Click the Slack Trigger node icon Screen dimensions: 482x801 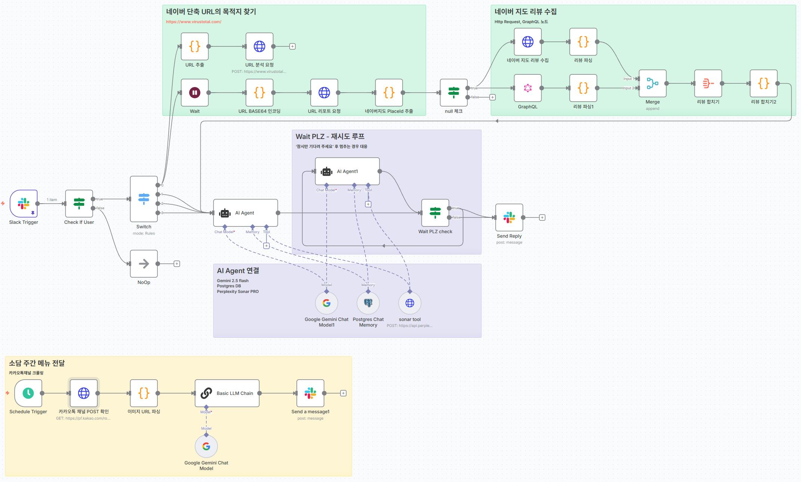pos(24,204)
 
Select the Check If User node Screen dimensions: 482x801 pos(79,204)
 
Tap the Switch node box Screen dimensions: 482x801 pos(144,199)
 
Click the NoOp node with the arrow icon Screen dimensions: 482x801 pos(144,264)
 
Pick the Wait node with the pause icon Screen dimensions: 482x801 pos(195,93)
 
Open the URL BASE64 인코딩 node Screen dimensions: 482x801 pos(259,93)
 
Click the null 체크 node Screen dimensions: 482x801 pos(454,93)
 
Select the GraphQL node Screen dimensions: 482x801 pos(527,88)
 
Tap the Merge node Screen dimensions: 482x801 pos(652,83)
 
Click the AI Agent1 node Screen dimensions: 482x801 pos(347,172)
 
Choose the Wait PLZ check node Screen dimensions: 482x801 pos(435,213)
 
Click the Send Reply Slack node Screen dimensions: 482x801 pos(509,217)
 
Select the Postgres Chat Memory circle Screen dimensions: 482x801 pos(368,303)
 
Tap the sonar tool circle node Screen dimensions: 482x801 pos(410,303)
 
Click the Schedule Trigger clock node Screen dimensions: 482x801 pos(28,393)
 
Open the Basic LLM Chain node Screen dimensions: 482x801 pos(227,393)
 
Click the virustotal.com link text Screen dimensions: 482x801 pos(194,22)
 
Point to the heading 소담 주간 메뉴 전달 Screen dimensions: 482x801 pos(37,363)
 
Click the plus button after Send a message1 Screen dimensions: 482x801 pos(343,393)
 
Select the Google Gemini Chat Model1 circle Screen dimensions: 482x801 pos(326,303)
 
